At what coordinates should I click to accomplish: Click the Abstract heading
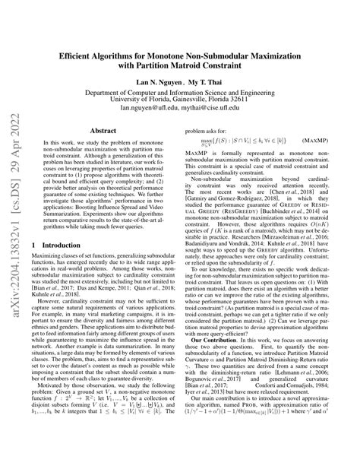103,131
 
